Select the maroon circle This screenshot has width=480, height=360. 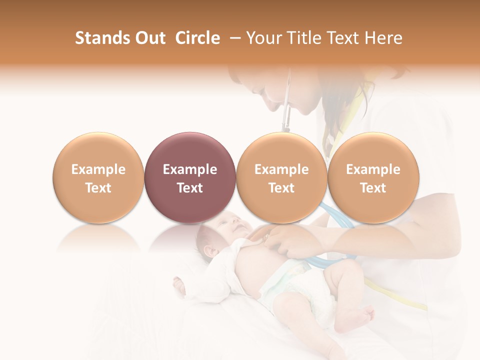189,177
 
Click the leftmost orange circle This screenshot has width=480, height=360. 98,177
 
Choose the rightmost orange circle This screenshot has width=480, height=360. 373,177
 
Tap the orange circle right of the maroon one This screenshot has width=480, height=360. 281,177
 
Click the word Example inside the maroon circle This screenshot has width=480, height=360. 189,169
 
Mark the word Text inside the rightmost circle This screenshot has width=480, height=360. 373,188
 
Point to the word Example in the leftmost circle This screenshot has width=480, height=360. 98,169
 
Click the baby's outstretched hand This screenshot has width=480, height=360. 178,285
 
